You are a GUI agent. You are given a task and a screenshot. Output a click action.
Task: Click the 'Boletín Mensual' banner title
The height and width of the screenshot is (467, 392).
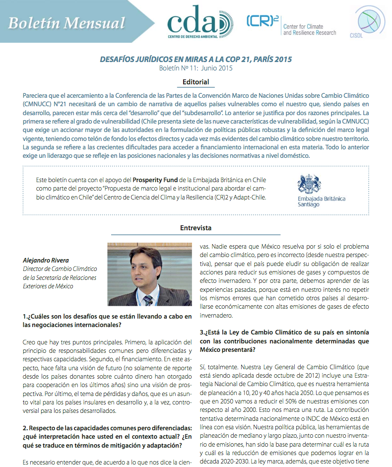pos(66,23)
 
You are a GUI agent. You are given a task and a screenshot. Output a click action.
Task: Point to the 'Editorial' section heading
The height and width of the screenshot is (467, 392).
pos(196,82)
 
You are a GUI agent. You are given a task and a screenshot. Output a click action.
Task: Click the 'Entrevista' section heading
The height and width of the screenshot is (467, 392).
pos(196,228)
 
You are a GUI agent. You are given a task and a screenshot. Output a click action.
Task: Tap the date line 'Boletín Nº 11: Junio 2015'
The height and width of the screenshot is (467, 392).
pos(196,68)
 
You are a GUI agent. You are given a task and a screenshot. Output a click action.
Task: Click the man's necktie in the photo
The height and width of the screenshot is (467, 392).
pos(148,300)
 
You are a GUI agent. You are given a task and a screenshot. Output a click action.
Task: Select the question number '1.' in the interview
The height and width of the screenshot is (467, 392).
pos(25,316)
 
